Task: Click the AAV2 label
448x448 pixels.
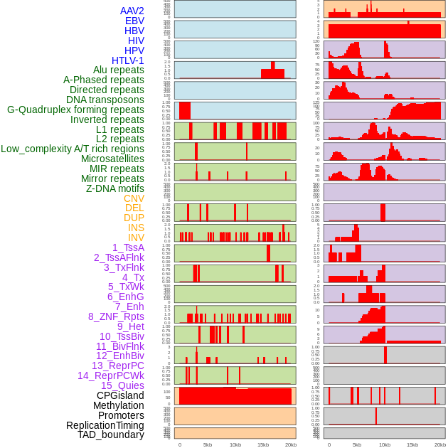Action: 132,11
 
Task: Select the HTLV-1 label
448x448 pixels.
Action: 128,60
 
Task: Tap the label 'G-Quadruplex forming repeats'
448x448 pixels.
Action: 75,110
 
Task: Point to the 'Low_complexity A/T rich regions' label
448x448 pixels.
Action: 73,149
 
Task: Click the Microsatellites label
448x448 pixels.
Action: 112,159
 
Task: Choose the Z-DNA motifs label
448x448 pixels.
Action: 115,188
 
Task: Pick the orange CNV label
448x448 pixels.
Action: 134,198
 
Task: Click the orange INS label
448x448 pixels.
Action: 136,228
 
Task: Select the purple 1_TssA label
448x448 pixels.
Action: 128,247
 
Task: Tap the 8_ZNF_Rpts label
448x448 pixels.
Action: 116,316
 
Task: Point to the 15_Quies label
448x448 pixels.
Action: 122,385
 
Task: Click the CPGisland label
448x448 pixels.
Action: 120,395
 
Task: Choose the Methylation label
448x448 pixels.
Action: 119,405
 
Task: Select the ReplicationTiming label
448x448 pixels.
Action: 105,425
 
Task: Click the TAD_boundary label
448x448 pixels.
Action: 111,434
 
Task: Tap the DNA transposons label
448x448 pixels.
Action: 105,100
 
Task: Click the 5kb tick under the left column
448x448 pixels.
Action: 208,444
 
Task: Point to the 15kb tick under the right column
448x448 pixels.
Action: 412,444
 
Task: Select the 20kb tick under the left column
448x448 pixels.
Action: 290,444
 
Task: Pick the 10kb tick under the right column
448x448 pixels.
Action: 385,444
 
